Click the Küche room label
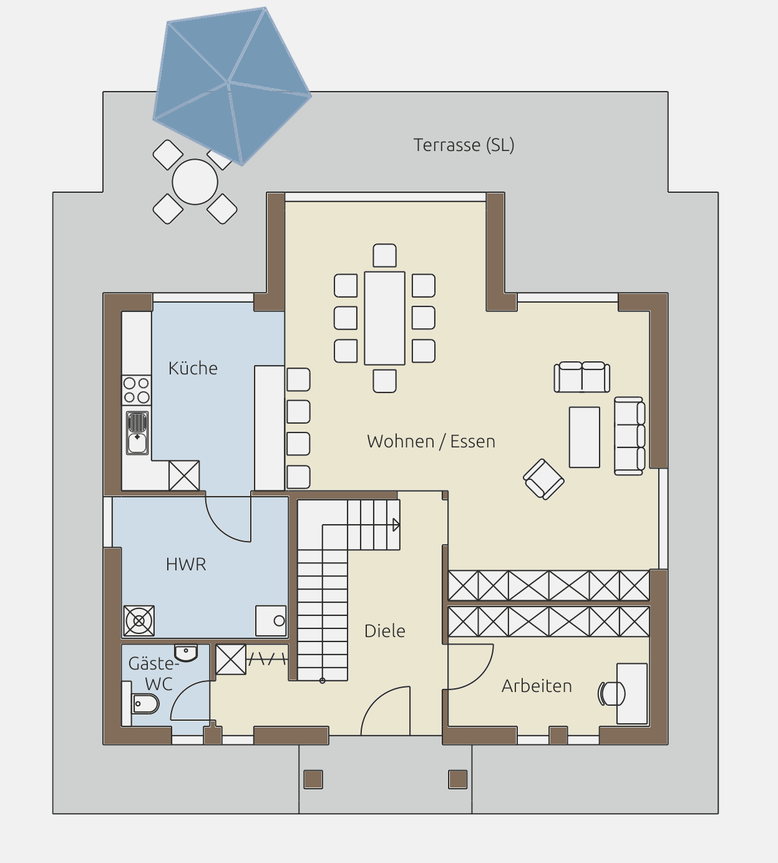pos(193,368)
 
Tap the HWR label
pos(186,565)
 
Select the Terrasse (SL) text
pos(464,145)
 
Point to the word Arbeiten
pos(537,686)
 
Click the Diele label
pos(385,631)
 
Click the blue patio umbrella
pos(231,86)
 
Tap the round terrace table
pos(195,182)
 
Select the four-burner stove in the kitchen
pos(137,390)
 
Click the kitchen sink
pos(137,433)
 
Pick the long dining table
pos(385,318)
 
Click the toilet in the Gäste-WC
pos(145,705)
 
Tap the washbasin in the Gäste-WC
pos(186,653)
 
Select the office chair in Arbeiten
pos(611,693)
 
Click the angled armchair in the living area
pos(543,479)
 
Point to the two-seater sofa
pos(581,377)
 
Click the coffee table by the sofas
pos(585,437)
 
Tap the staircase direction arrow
pos(396,525)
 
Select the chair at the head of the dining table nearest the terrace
pos(385,256)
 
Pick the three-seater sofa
pos(630,436)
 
